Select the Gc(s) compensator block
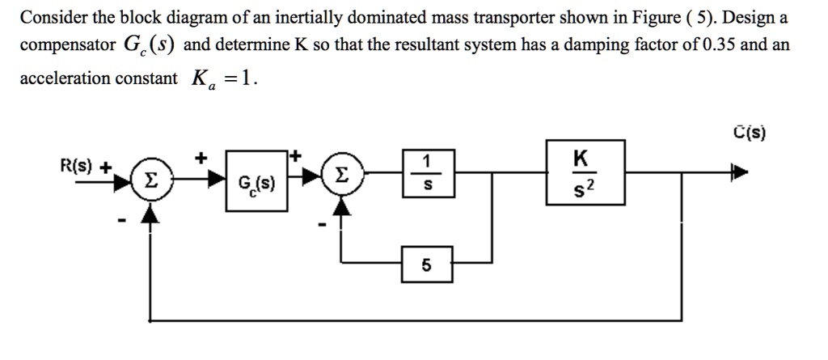[x=257, y=180]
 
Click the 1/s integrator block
[x=429, y=172]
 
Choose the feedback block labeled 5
[x=427, y=265]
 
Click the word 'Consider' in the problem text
[x=52, y=17]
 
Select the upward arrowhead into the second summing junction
[x=343, y=207]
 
